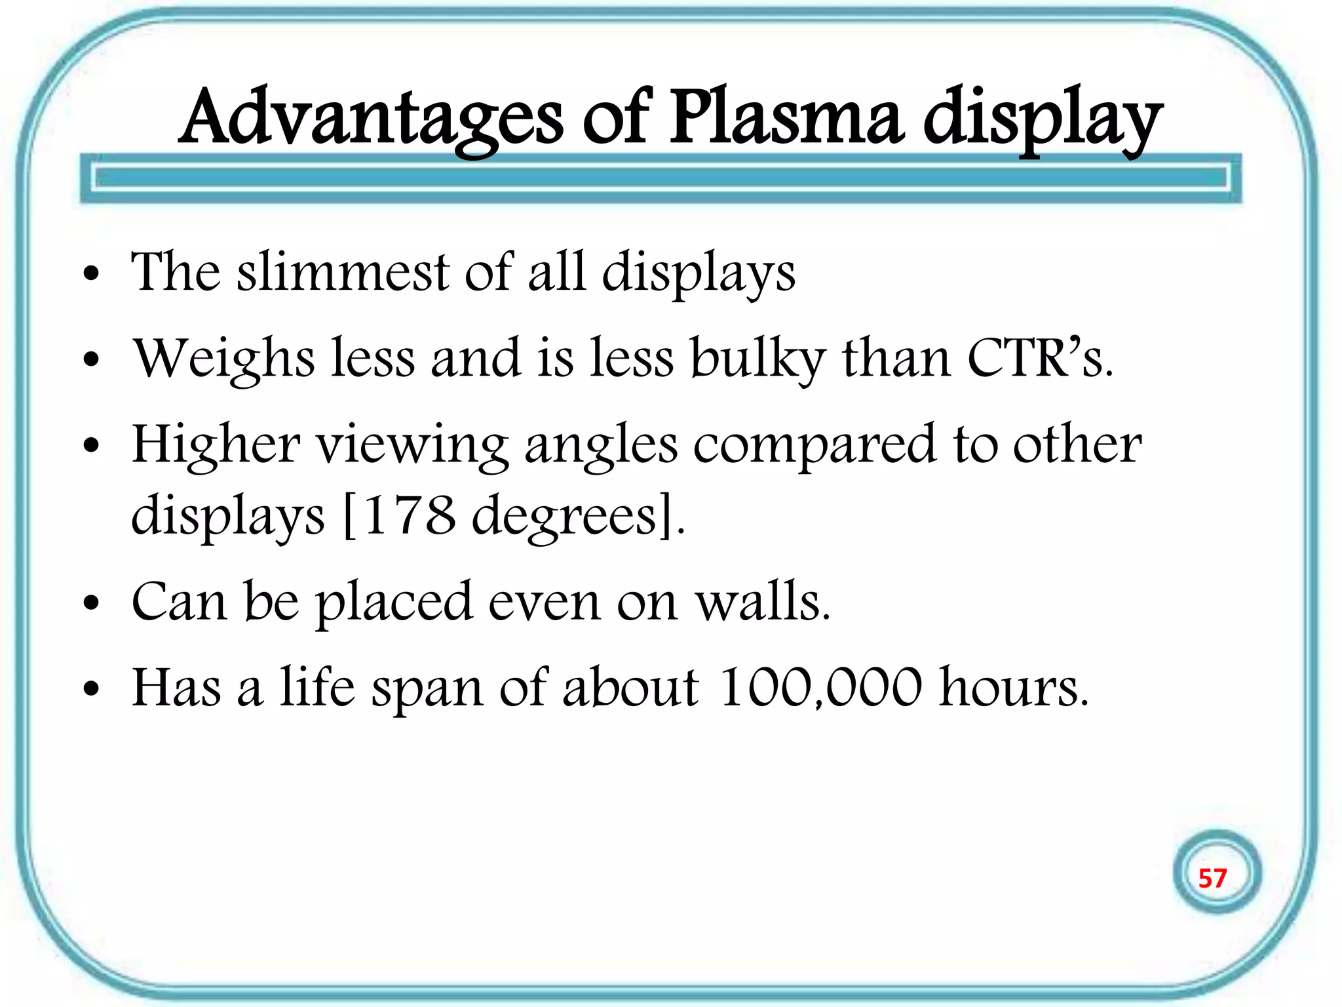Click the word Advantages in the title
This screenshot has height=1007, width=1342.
point(371,118)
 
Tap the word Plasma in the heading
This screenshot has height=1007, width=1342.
point(786,118)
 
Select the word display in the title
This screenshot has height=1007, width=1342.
point(1043,121)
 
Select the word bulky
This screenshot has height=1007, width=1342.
point(757,359)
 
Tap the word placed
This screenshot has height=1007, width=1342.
point(393,602)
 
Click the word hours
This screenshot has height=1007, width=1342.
point(1013,688)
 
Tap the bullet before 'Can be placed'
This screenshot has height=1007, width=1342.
point(91,602)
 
